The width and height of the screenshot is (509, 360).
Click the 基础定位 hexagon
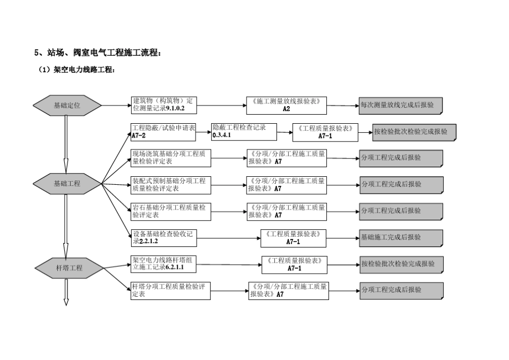click(x=67, y=106)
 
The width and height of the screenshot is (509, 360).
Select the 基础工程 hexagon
click(x=67, y=183)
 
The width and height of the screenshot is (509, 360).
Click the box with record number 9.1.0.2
click(x=164, y=105)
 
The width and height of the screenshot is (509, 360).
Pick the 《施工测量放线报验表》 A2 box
click(x=287, y=105)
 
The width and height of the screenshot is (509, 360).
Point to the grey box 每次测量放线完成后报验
click(x=401, y=106)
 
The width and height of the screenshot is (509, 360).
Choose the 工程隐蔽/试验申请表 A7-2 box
click(x=163, y=132)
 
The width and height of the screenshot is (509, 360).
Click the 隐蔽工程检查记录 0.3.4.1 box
click(x=245, y=131)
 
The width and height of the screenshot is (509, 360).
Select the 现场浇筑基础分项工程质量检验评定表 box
click(x=171, y=157)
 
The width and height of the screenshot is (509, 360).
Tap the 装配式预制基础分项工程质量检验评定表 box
click(x=171, y=185)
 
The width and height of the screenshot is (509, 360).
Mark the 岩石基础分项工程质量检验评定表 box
click(x=171, y=211)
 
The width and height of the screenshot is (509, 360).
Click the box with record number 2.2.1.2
click(x=171, y=237)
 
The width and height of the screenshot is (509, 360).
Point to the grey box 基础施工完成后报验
click(x=401, y=237)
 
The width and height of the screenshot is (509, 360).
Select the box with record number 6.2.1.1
click(x=164, y=264)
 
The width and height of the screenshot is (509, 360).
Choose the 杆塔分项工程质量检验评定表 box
click(x=171, y=291)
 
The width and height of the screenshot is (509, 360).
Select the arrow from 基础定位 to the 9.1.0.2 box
click(x=116, y=105)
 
